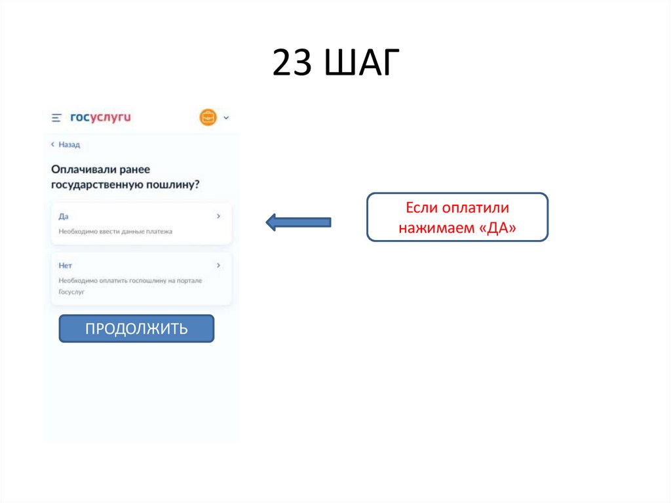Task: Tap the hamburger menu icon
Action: (x=56, y=118)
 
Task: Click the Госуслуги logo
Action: (x=101, y=117)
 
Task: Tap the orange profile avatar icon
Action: (x=208, y=117)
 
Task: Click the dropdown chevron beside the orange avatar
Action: (x=226, y=118)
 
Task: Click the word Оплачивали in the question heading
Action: (x=85, y=169)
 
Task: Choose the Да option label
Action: (x=64, y=216)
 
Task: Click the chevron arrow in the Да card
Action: (x=218, y=216)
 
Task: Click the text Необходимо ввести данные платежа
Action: (x=115, y=231)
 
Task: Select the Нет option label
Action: (x=65, y=266)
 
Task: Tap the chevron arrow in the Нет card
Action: (x=218, y=266)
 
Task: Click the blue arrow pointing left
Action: (x=298, y=222)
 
